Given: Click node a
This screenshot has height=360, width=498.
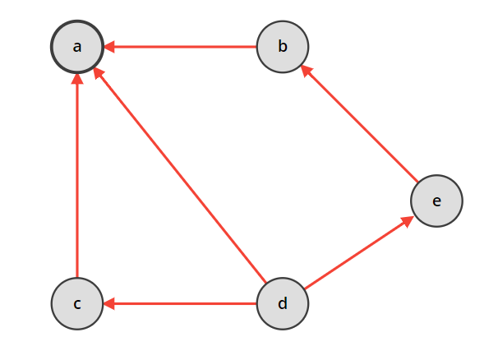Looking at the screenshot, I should tap(76, 46).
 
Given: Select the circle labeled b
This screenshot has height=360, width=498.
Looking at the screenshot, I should tap(283, 46).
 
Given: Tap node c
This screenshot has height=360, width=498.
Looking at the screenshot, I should tap(76, 304).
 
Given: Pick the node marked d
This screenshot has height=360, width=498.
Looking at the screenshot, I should tap(283, 304).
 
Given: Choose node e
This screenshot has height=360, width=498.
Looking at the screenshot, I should tap(436, 201).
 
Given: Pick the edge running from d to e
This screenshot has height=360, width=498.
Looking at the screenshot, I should tap(357, 253).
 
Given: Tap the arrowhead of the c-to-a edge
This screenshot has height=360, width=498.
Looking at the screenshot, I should tap(76, 79).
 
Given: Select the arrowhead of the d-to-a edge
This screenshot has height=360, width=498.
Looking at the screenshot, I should tap(99, 73).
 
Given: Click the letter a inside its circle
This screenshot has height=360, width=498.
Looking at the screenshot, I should tap(76, 46).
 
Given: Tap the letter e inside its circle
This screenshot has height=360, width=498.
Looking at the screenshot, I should tap(436, 201).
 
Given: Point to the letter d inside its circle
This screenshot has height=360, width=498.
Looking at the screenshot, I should tap(283, 304).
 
